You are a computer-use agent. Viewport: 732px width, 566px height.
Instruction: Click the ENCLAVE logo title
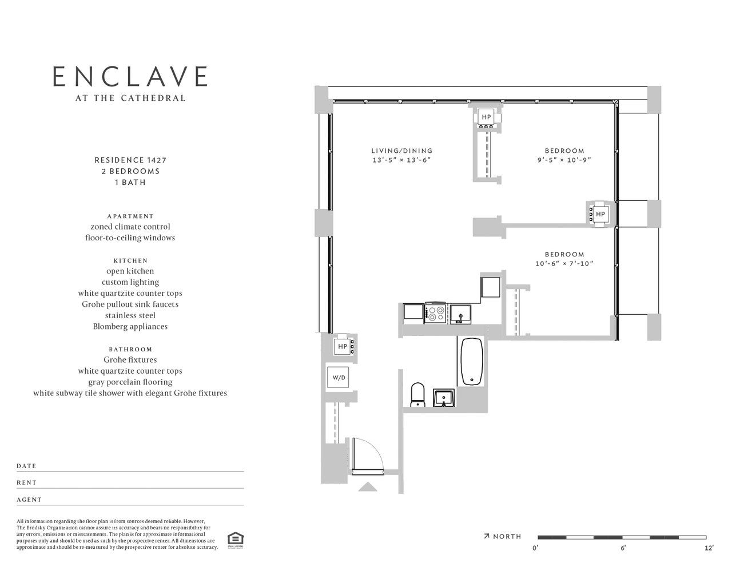click(130, 76)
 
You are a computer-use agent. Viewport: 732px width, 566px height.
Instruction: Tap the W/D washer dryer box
click(338, 377)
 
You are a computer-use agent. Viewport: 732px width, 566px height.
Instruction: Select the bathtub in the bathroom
click(472, 361)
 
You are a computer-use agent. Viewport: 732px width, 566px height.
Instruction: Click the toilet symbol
click(418, 394)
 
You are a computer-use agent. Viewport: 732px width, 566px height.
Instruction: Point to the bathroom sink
click(444, 398)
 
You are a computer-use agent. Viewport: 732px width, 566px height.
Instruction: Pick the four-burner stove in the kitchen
click(436, 314)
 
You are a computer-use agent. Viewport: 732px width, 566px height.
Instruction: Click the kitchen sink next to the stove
click(460, 314)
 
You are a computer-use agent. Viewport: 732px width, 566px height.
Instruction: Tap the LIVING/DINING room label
click(402, 151)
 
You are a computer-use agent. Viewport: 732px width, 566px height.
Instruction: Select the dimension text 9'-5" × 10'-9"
click(564, 160)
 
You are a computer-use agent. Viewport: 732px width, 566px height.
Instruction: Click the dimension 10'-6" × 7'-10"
click(564, 263)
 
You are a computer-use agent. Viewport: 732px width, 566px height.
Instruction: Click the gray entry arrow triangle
click(368, 487)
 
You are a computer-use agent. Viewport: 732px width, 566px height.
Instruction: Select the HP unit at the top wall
click(486, 117)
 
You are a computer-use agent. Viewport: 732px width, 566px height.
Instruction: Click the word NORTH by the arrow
click(507, 536)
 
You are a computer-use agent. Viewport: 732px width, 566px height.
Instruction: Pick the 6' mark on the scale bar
click(623, 548)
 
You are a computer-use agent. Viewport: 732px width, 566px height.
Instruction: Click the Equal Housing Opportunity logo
click(236, 540)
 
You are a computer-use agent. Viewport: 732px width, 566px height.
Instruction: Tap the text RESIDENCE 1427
click(130, 160)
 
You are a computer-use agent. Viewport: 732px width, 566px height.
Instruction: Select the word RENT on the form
click(26, 482)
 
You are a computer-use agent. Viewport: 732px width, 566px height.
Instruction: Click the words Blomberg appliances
click(130, 326)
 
